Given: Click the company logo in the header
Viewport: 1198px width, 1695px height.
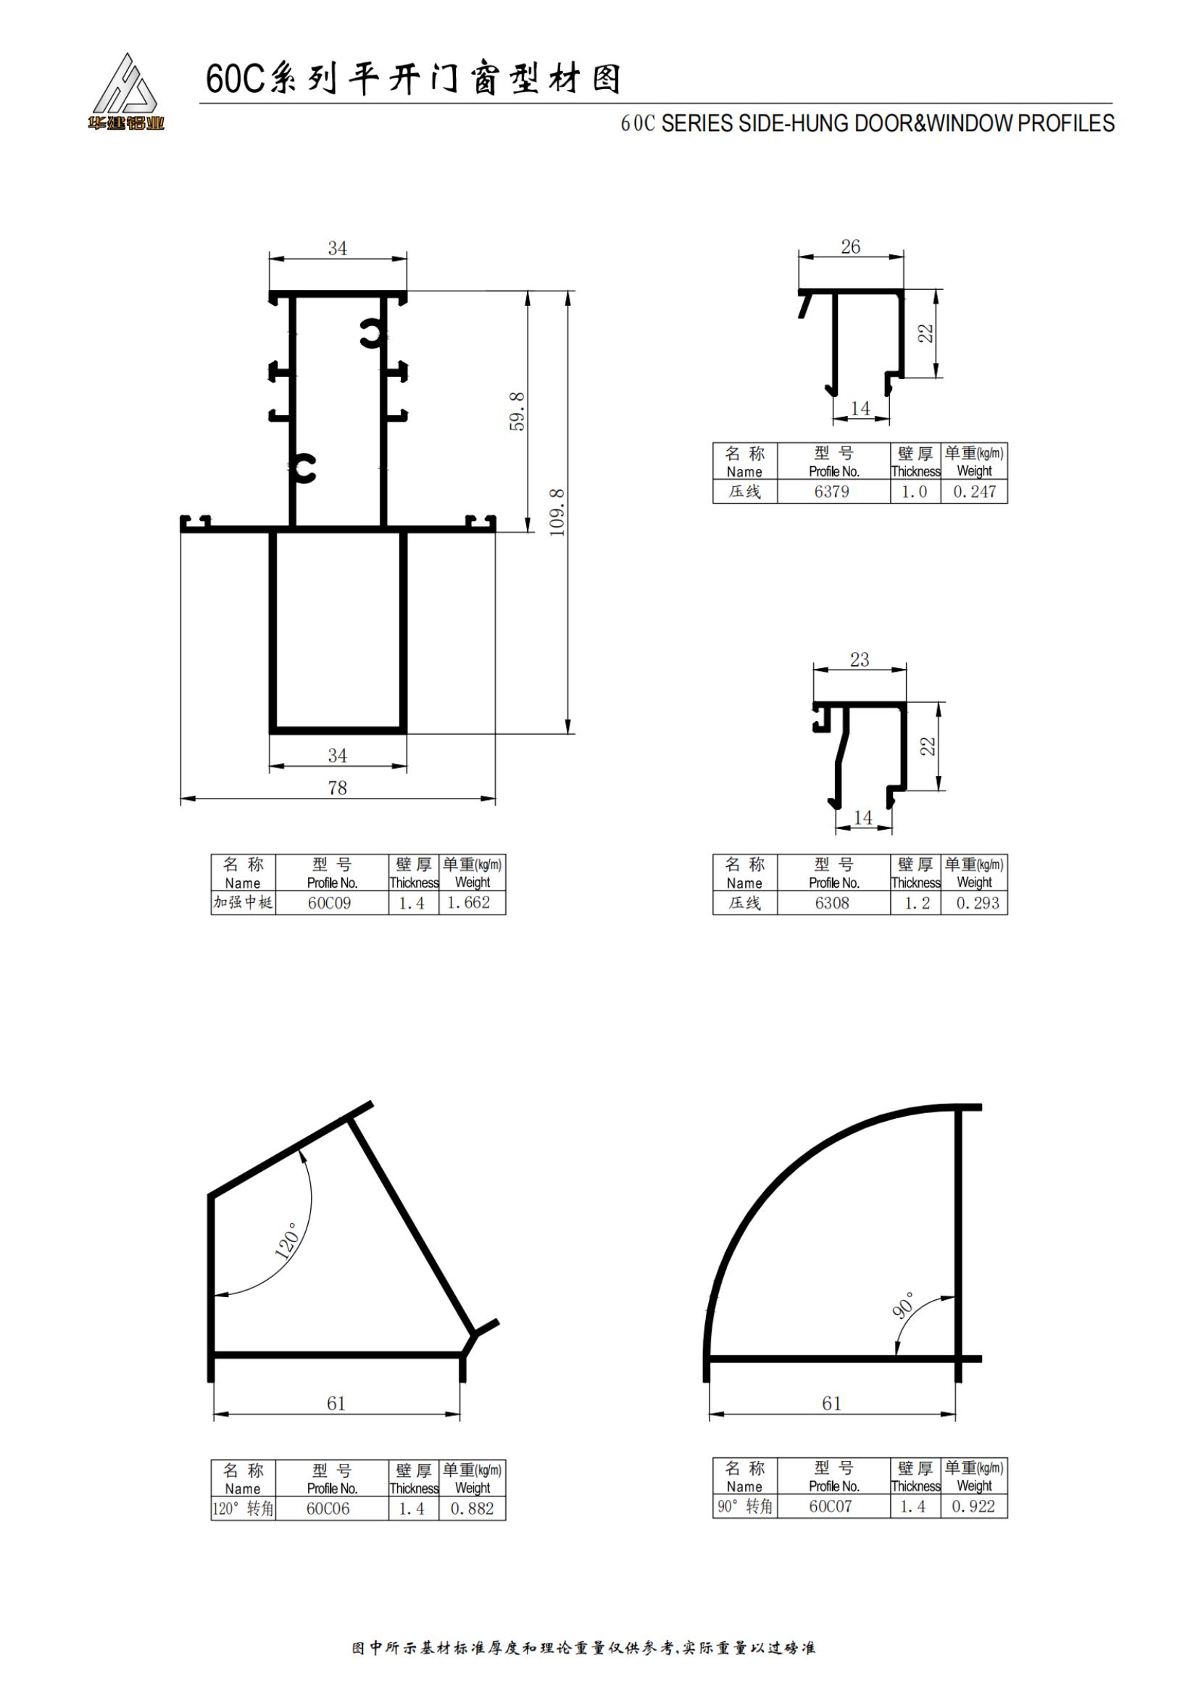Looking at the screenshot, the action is tap(125, 92).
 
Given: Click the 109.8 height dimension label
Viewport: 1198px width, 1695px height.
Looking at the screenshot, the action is tap(558, 512).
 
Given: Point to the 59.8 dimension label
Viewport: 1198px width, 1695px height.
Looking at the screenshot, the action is tap(518, 411).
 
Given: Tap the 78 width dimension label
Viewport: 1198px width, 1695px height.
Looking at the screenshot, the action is tap(337, 788).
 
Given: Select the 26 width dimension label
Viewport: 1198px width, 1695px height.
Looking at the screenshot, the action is tap(850, 246).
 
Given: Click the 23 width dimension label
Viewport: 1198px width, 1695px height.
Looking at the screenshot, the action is tap(860, 659).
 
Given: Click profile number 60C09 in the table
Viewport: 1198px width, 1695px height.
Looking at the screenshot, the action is tap(330, 903).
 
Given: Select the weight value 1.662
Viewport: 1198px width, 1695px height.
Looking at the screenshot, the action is tap(469, 902).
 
